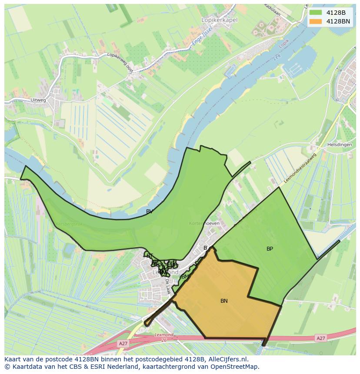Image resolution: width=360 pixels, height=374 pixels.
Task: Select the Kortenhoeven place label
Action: click(x=204, y=223)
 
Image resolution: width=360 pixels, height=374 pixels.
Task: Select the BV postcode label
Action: click(x=149, y=212)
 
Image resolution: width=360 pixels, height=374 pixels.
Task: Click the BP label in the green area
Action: click(x=270, y=249)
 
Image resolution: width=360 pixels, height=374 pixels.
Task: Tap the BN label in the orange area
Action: click(x=224, y=301)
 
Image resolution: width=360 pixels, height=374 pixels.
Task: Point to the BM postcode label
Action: click(x=185, y=277)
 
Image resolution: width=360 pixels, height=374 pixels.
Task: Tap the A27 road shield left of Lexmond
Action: click(x=123, y=343)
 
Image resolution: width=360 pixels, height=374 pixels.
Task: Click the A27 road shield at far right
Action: click(x=321, y=338)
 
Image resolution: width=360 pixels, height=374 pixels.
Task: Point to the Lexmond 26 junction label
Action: click(x=164, y=338)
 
